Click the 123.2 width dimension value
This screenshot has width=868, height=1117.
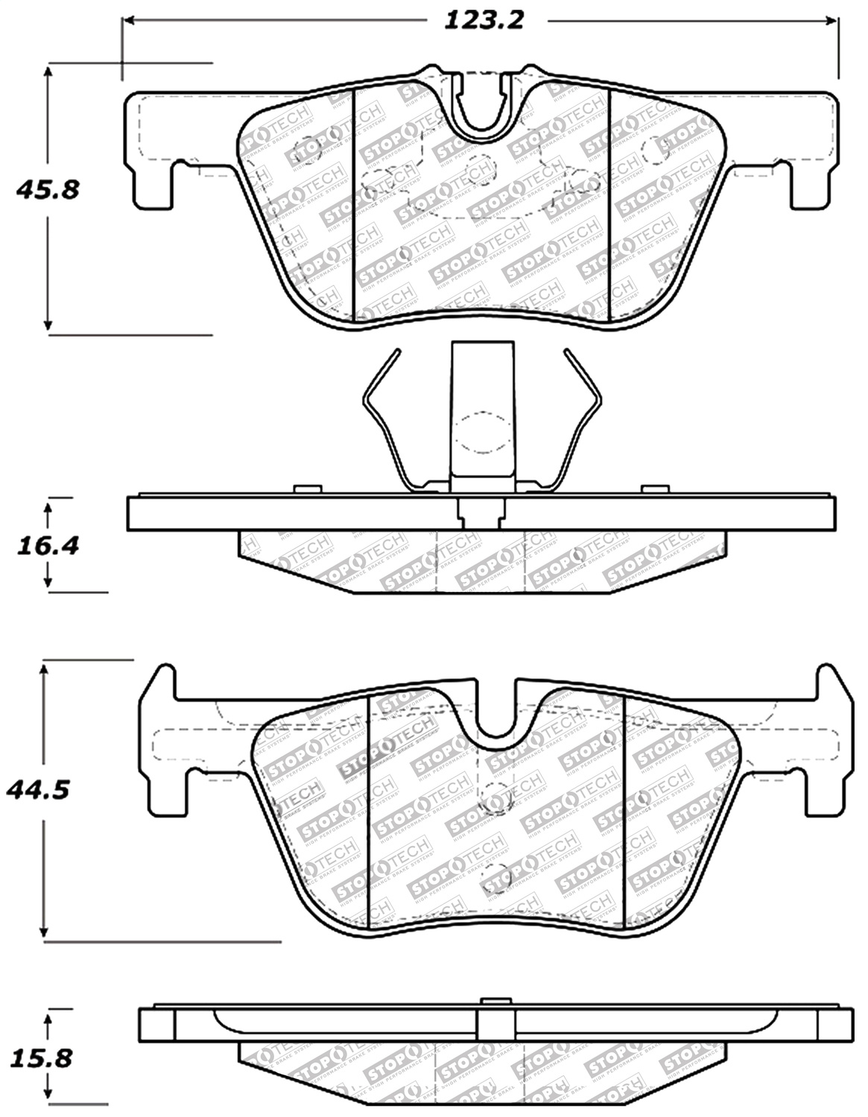[x=484, y=20]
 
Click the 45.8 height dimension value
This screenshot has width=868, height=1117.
[x=46, y=190]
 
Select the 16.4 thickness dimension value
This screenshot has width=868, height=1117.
[x=46, y=546]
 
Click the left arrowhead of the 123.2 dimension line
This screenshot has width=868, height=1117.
[x=128, y=21]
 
